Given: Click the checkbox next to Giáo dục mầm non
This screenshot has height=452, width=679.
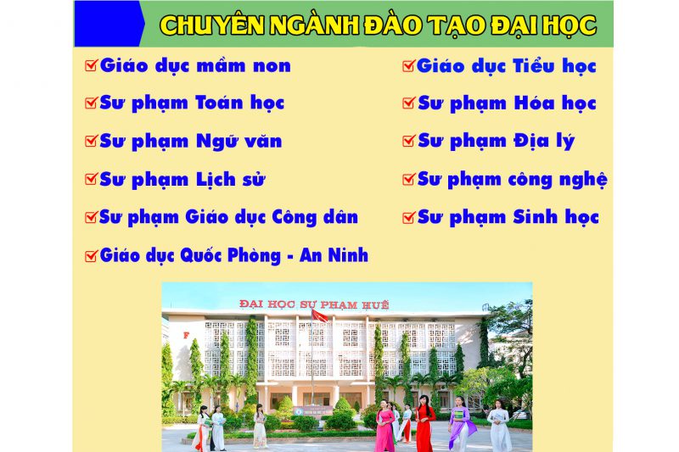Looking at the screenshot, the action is tap(92, 65).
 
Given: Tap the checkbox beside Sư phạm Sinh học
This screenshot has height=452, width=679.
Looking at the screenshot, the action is tap(408, 217).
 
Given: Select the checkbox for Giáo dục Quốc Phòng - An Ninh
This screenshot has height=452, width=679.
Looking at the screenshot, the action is tap(92, 255).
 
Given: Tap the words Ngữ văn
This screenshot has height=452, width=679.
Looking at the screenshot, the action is tap(239, 142).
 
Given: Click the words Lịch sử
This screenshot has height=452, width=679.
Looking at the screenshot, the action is tap(230, 179).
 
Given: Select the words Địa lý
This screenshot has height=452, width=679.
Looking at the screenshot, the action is tap(544, 141).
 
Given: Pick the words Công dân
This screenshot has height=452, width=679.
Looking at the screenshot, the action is tap(315, 217).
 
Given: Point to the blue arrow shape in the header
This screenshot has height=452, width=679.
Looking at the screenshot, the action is tap(109, 24).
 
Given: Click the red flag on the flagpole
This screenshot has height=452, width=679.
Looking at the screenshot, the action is tap(320, 315).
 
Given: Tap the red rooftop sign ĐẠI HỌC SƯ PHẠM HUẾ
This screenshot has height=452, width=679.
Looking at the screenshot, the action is tap(314, 304).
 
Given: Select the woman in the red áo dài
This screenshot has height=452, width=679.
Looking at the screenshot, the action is tap(424, 422).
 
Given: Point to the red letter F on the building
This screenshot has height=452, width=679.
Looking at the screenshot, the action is tap(186, 335).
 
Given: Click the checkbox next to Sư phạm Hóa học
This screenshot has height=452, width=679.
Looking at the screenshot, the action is tap(408, 103).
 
